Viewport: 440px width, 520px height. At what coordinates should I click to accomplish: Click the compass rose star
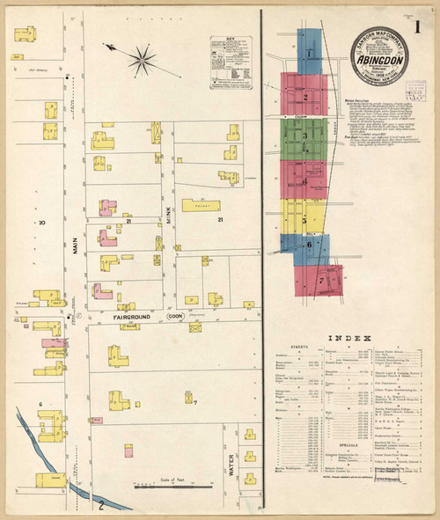pyautogui.click(x=140, y=61)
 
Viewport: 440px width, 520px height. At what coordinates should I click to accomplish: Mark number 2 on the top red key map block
pyautogui.click(x=304, y=96)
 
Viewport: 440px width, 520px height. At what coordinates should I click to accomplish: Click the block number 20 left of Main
pyautogui.click(x=40, y=223)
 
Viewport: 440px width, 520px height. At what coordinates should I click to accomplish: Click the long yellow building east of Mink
pyautogui.click(x=202, y=205)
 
